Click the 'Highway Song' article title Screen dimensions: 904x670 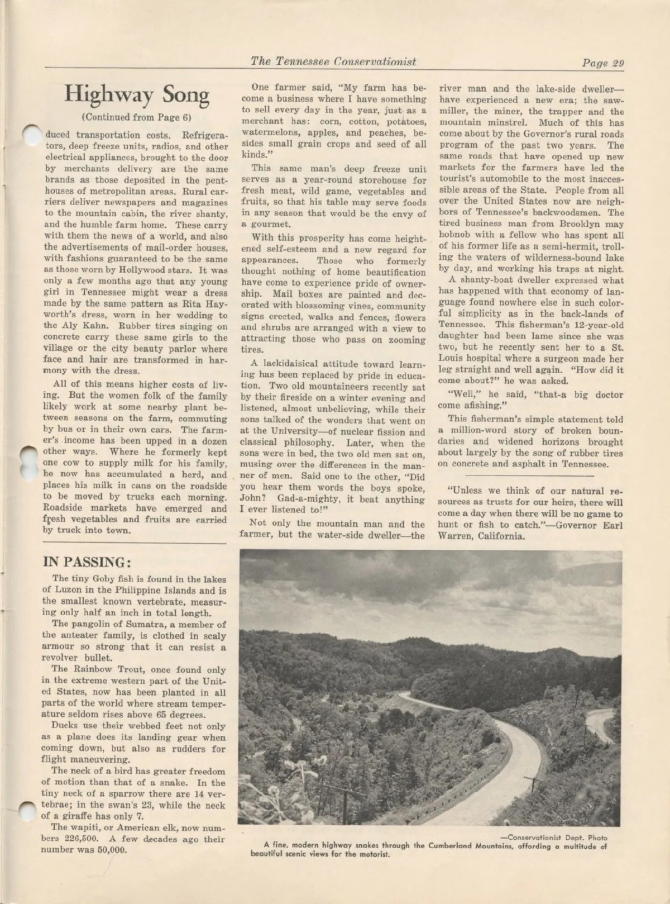click(x=136, y=94)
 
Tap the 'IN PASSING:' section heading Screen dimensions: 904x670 click(x=87, y=562)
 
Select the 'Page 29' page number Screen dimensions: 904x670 click(x=602, y=63)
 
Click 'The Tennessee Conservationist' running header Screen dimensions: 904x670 click(x=333, y=61)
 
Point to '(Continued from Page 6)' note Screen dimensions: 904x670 click(x=136, y=117)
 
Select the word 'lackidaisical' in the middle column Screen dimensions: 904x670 click(x=301, y=364)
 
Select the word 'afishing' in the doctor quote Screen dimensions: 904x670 click(x=480, y=405)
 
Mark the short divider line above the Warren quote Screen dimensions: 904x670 click(x=530, y=474)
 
